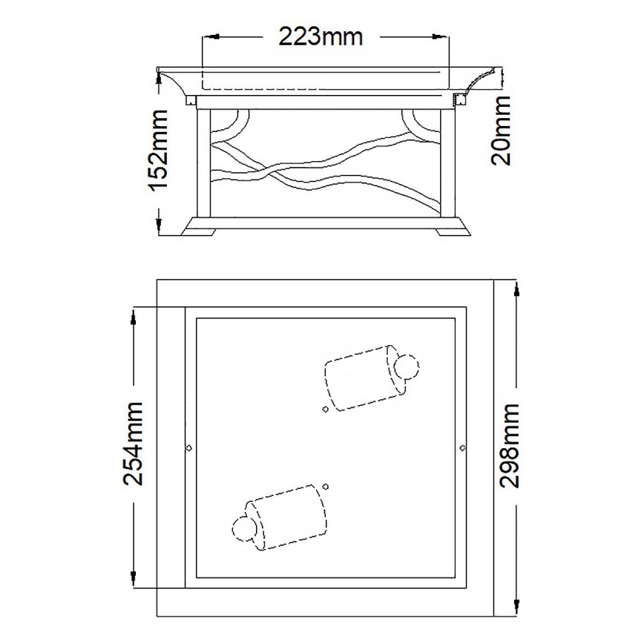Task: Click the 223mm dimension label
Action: (x=321, y=35)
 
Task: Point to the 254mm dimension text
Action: (x=133, y=444)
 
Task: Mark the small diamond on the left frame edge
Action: (x=188, y=448)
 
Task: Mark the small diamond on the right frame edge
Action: (x=463, y=448)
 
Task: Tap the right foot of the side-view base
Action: (x=450, y=231)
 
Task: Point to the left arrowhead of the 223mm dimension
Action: (x=208, y=35)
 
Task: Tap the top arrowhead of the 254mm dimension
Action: (x=134, y=316)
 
